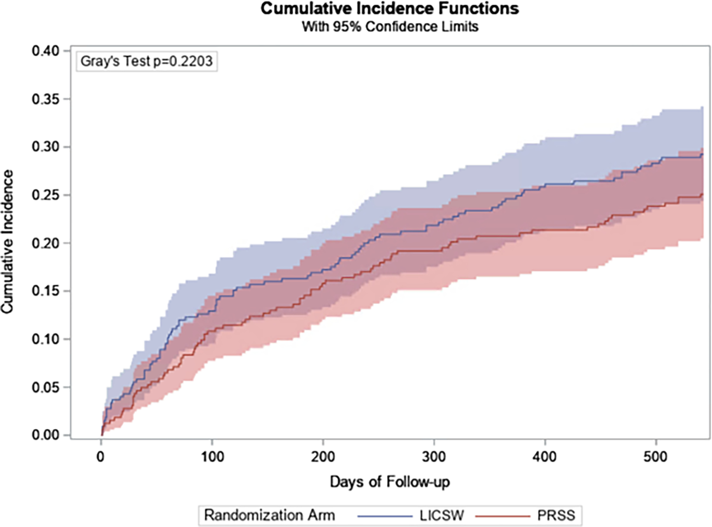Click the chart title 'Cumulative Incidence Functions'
pyautogui.click(x=389, y=9)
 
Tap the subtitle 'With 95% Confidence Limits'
pyautogui.click(x=390, y=27)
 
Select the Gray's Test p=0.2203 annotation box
pyautogui.click(x=147, y=61)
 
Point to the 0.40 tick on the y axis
pyautogui.click(x=46, y=51)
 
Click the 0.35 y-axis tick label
pyautogui.click(x=46, y=99)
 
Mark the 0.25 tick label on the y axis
pyautogui.click(x=46, y=195)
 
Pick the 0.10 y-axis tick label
pyautogui.click(x=46, y=339)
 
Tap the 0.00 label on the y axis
pyautogui.click(x=46, y=435)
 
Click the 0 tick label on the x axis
pyautogui.click(x=100, y=457)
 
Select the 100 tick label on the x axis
pyautogui.click(x=212, y=457)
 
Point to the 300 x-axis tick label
pyautogui.click(x=434, y=457)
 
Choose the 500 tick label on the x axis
pyautogui.click(x=655, y=457)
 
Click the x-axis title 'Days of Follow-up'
pyautogui.click(x=390, y=482)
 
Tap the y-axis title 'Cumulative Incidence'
pyautogui.click(x=7, y=242)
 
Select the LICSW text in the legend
pyautogui.click(x=442, y=516)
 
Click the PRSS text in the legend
pyautogui.click(x=556, y=516)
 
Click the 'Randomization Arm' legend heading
pyautogui.click(x=269, y=516)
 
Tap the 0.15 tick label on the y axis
pyautogui.click(x=46, y=291)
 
